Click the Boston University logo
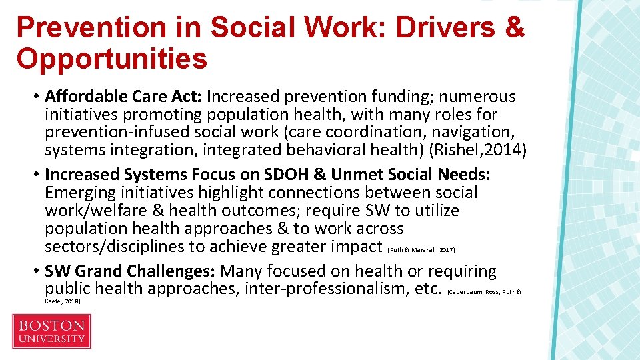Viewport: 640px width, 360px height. pyautogui.click(x=51, y=331)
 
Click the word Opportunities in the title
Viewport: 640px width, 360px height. pyautogui.click(x=112, y=59)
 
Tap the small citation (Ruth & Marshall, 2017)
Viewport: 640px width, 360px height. pyautogui.click(x=421, y=249)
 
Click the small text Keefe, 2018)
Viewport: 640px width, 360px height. pyautogui.click(x=62, y=301)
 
